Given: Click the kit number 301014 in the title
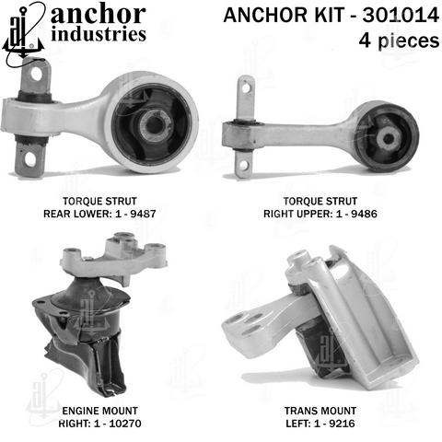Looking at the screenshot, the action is (x=401, y=15).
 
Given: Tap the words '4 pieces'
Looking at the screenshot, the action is (x=399, y=41).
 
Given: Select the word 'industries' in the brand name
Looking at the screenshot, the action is (x=99, y=34).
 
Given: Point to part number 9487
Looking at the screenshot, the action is (x=143, y=214).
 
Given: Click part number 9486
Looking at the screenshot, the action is (x=364, y=214).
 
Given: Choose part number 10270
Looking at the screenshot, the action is (x=125, y=424).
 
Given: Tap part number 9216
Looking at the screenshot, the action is (x=342, y=424).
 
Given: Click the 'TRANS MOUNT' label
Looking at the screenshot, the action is (x=320, y=411).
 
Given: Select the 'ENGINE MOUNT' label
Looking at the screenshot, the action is (x=100, y=411).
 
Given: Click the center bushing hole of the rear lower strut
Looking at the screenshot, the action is (x=155, y=125).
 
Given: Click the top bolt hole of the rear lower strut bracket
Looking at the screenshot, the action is (x=37, y=74).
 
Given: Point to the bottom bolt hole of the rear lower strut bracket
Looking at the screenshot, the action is (x=30, y=158).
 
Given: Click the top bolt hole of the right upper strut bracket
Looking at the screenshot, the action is (x=246, y=88).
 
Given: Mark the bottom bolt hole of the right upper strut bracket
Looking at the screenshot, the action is (x=243, y=166).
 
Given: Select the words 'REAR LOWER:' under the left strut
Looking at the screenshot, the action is (x=78, y=214).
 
